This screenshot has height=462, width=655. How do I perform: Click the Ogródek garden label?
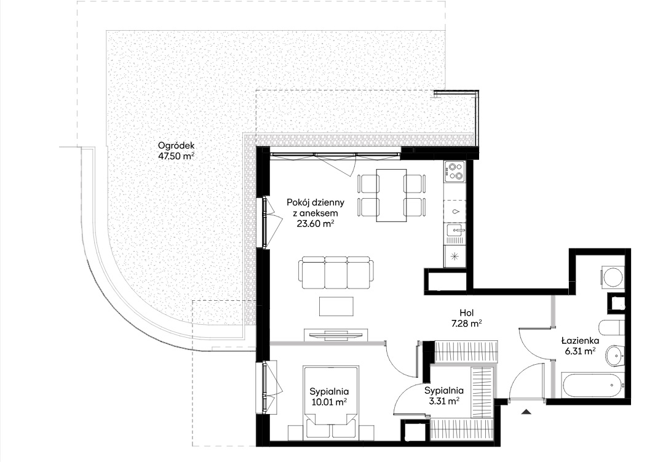[177, 146]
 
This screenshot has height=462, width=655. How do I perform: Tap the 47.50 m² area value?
[177, 157]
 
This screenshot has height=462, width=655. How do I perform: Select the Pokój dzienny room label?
[316, 202]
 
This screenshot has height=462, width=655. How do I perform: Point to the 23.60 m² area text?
[316, 223]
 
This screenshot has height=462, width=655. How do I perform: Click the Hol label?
[467, 313]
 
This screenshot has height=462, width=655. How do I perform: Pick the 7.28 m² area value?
[467, 323]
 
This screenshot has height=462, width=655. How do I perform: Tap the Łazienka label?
[580, 341]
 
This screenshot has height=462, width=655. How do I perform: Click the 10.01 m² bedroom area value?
[330, 402]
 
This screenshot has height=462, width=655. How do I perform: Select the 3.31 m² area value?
[444, 401]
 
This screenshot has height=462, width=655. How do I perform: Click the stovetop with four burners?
[455, 172]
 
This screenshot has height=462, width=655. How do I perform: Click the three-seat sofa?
[336, 273]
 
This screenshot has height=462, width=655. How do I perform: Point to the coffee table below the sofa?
[336, 306]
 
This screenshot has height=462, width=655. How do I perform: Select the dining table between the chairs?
[391, 195]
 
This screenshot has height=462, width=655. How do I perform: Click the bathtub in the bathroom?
[590, 386]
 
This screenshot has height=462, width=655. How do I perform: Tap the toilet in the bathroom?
[613, 328]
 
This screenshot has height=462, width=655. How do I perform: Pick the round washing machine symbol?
[613, 277]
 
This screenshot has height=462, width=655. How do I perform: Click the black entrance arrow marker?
[526, 412]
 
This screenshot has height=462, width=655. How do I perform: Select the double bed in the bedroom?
[331, 402]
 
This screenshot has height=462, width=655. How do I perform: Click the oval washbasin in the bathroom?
[614, 355]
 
